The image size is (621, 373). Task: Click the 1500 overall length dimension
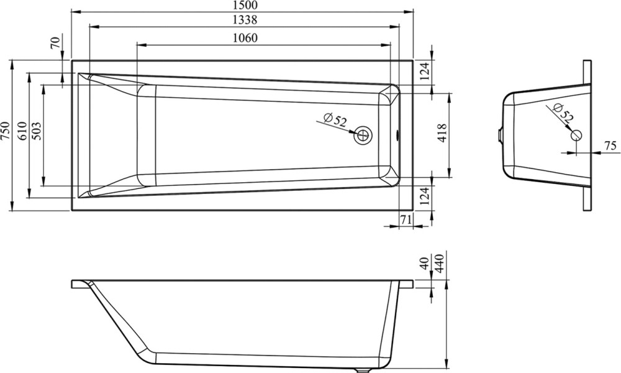tap(245, 5)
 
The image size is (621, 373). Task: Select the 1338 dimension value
tap(245, 19)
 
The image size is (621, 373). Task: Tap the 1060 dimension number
tap(245, 38)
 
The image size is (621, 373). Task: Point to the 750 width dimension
tap(6, 131)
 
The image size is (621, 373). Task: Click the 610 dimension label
tap(23, 131)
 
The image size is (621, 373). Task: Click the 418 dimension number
tap(442, 133)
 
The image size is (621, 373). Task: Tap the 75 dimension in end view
tap(611, 145)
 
